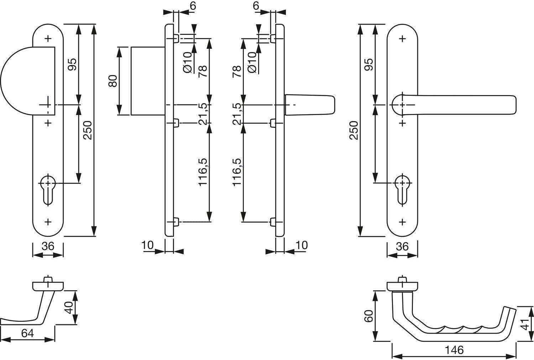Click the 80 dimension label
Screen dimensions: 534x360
(x=113, y=81)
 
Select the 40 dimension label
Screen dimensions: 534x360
(x=69, y=308)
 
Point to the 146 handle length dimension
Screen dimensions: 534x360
(x=454, y=350)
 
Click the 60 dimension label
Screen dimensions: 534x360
(x=369, y=316)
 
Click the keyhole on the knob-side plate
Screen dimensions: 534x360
(x=48, y=190)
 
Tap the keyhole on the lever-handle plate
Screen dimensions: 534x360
(x=402, y=190)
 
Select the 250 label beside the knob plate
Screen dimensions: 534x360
(x=88, y=130)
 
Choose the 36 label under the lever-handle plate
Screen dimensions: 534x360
(x=402, y=246)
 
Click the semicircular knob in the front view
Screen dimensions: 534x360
(x=28, y=81)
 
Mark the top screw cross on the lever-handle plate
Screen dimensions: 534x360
(x=402, y=38)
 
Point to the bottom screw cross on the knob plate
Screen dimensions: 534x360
(x=48, y=222)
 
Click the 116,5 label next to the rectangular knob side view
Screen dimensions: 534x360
(x=203, y=172)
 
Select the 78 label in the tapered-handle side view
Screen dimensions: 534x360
(x=237, y=71)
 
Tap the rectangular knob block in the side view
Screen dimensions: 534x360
(x=148, y=81)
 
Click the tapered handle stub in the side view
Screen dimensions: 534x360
(x=310, y=105)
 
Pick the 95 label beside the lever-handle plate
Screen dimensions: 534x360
(x=369, y=64)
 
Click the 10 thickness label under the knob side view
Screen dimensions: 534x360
(x=148, y=245)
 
